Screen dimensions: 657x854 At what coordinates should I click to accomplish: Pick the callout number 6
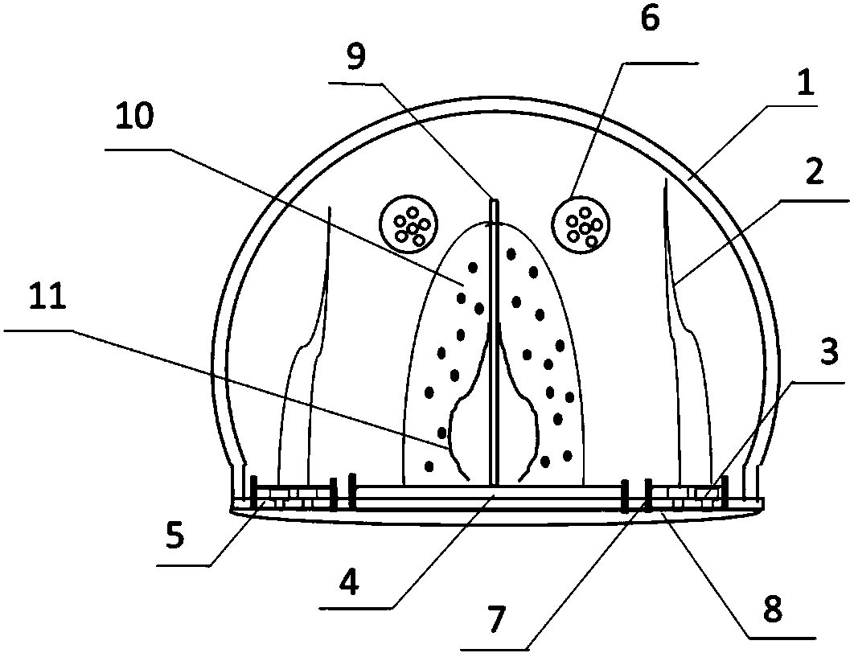[x=649, y=19]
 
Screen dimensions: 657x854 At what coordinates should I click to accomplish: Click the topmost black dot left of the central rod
[x=473, y=267]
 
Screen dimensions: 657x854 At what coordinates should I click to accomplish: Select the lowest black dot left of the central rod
[x=430, y=465]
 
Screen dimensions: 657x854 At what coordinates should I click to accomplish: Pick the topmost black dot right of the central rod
[x=511, y=255]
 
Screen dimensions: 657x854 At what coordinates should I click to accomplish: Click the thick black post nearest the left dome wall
[x=253, y=492]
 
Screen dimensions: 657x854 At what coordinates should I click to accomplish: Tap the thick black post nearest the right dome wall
[x=725, y=491]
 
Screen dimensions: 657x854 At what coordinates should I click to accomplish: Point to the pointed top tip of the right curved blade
[x=666, y=183]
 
